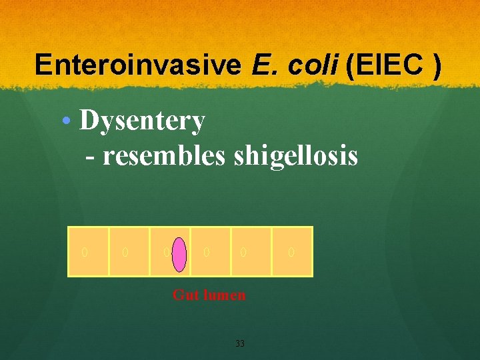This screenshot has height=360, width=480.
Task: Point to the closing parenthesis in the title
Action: pos(436,66)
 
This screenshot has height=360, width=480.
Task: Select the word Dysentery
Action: pos(142,121)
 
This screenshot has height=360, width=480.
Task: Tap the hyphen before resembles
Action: pos(90,157)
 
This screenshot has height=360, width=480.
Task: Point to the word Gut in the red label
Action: pos(184,295)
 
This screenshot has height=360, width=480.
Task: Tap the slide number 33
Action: pos(240,344)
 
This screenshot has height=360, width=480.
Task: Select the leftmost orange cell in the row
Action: pos(89,251)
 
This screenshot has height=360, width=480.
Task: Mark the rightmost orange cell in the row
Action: pos(292,251)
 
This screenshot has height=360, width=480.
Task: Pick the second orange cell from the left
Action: pos(129,251)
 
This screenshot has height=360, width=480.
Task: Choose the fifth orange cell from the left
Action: pos(251,251)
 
